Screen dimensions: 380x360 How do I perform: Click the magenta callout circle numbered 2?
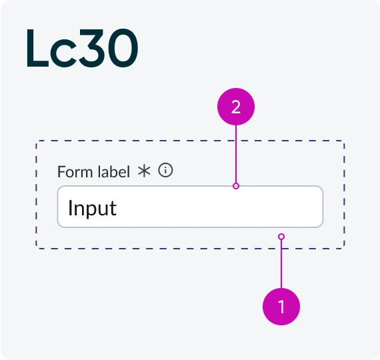pyautogui.click(x=236, y=107)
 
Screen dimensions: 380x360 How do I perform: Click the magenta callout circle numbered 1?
pyautogui.click(x=281, y=307)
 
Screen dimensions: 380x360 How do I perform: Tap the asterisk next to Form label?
pyautogui.click(x=144, y=171)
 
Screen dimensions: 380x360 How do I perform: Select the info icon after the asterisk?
pyautogui.click(x=165, y=170)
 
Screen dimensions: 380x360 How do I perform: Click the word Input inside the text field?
pyautogui.click(x=93, y=208)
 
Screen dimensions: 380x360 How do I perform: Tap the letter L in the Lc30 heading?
pyautogui.click(x=37, y=48)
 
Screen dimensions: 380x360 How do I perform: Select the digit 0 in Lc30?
pyautogui.click(x=123, y=48)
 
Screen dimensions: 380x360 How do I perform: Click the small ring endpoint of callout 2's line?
pyautogui.click(x=236, y=186)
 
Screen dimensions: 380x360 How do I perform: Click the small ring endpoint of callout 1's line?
pyautogui.click(x=281, y=237)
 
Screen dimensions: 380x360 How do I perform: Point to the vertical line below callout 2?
pyautogui.click(x=236, y=154)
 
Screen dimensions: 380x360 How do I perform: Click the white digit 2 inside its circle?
pyautogui.click(x=236, y=107)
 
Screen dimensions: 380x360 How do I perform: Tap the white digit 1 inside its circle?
pyautogui.click(x=281, y=307)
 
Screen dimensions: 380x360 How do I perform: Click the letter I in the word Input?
pyautogui.click(x=70, y=207)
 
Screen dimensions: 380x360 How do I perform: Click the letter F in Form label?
pyautogui.click(x=61, y=172)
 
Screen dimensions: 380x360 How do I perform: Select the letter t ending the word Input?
pyautogui.click(x=113, y=209)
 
